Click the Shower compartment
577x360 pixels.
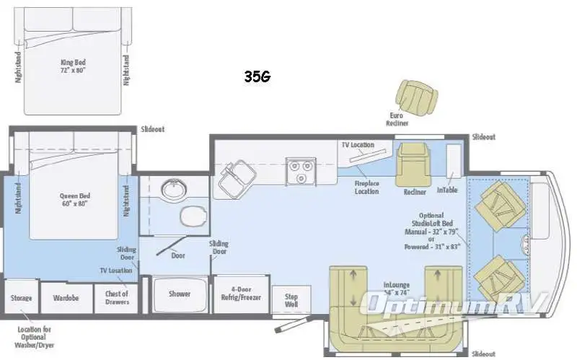[180, 294]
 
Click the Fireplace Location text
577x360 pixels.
[366, 188]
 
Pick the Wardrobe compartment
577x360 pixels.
[66, 297]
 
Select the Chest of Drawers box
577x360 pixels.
[116, 297]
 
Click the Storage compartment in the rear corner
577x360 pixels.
[19, 297]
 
